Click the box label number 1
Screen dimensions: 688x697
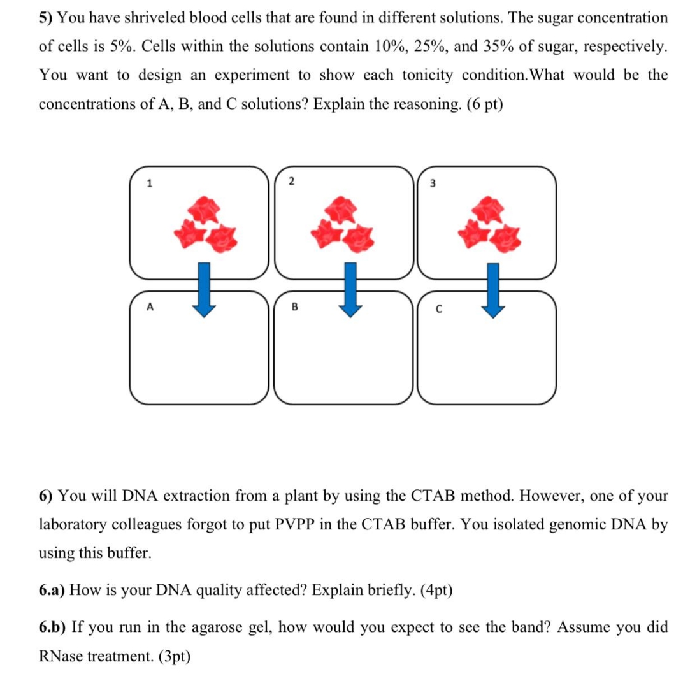point(150,184)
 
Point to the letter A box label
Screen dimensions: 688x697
point(150,306)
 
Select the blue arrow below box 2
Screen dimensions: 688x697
point(348,290)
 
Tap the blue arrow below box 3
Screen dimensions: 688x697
point(491,290)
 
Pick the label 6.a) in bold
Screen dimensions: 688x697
point(52,590)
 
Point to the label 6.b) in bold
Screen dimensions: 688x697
point(52,627)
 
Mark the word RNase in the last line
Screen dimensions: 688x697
point(61,656)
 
